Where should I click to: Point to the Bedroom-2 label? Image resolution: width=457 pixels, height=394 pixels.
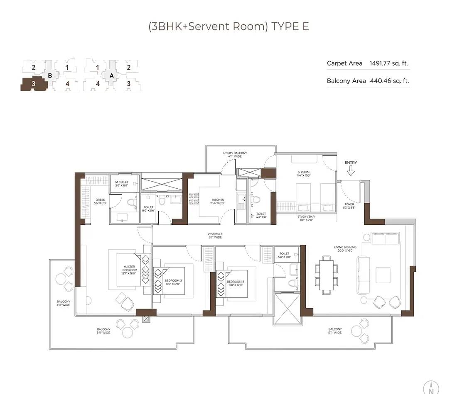[x=173, y=282]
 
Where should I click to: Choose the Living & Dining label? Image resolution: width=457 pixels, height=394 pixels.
[x=345, y=249]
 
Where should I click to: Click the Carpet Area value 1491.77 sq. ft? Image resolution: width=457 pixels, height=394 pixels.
[x=389, y=63]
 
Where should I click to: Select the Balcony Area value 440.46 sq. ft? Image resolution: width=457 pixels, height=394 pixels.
[x=389, y=81]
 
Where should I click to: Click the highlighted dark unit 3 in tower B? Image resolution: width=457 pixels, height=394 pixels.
[x=34, y=84]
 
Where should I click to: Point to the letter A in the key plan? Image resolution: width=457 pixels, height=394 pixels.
[x=111, y=75]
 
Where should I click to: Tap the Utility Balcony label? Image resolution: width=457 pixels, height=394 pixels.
[x=235, y=155]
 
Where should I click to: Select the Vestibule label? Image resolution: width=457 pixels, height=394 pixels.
[x=215, y=236]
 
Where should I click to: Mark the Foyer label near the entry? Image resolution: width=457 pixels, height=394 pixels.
[x=349, y=206]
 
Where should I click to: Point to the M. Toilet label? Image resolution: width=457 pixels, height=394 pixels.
[x=122, y=183]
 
